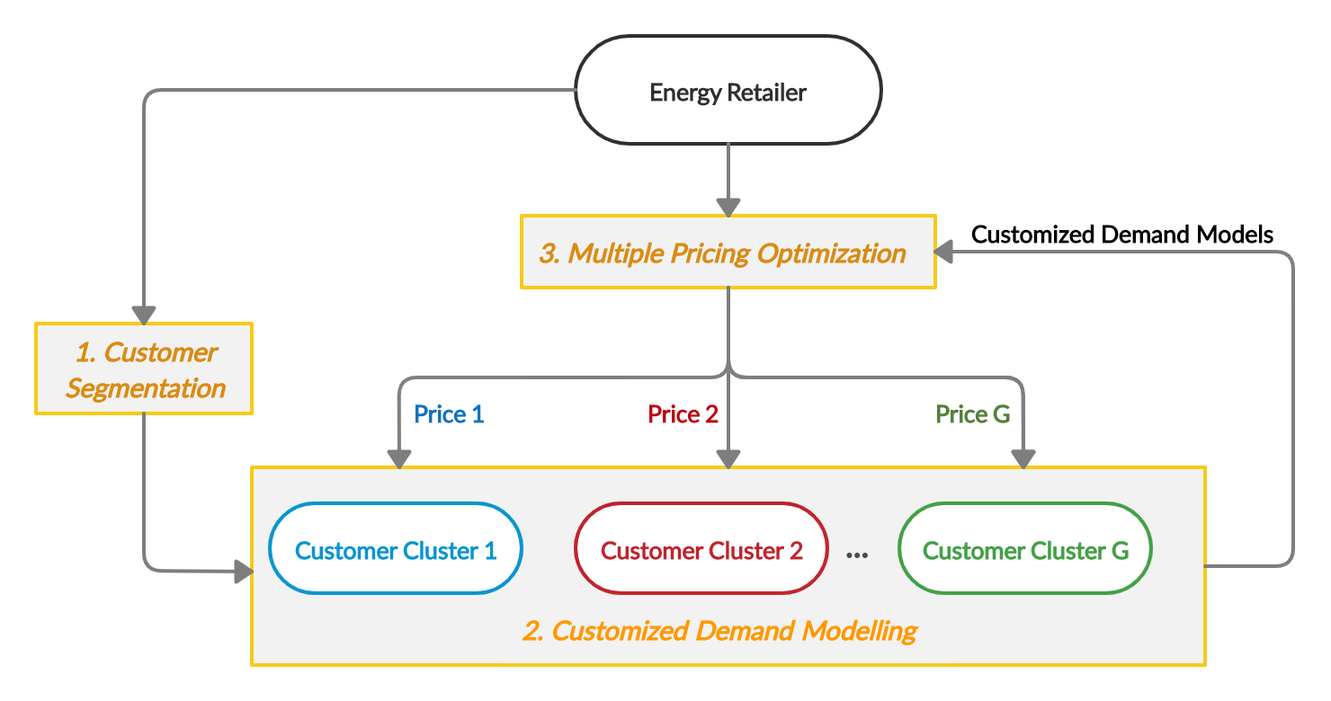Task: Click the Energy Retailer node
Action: tap(728, 91)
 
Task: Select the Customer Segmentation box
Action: tap(144, 369)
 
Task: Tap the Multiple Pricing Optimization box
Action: tap(728, 253)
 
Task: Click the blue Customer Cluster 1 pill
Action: tap(396, 549)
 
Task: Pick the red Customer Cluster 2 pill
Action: tap(701, 549)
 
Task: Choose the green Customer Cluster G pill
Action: tap(1025, 549)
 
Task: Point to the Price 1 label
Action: tap(449, 414)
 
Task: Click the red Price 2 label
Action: tap(683, 414)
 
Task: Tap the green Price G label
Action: tap(973, 414)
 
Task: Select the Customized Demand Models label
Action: tap(1122, 235)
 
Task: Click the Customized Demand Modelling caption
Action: tap(719, 631)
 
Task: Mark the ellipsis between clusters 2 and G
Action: tap(857, 554)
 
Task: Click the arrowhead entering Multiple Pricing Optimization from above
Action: tap(728, 207)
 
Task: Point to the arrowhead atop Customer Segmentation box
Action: tap(144, 315)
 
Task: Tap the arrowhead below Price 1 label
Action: tap(397, 458)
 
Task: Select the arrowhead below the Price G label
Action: tap(1024, 458)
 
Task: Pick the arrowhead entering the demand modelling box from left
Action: tap(243, 570)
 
